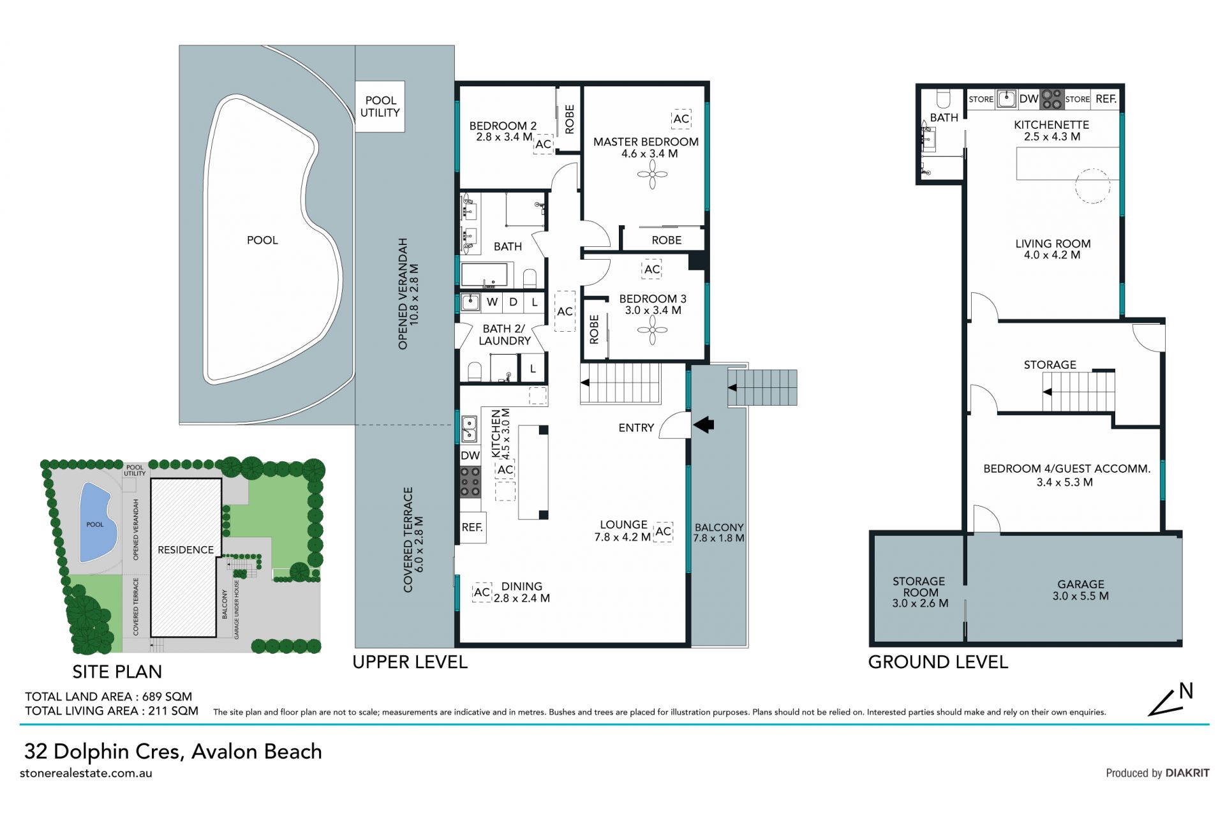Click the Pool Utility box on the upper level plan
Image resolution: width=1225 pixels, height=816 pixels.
click(x=380, y=107)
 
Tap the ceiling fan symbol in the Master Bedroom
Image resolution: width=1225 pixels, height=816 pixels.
click(x=652, y=174)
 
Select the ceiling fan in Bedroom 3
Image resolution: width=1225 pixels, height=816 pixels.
click(x=652, y=330)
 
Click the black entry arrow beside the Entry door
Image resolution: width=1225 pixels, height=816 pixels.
click(x=704, y=424)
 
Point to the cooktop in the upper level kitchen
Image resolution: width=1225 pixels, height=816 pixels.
click(x=470, y=482)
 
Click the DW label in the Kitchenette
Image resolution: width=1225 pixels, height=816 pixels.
click(x=1028, y=99)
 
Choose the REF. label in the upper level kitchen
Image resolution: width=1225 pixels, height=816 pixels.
click(x=472, y=528)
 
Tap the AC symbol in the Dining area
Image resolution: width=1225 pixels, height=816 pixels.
click(x=482, y=592)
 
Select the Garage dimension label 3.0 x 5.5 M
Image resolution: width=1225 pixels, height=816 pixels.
click(x=1081, y=596)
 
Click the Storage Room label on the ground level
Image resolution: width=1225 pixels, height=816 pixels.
click(x=919, y=586)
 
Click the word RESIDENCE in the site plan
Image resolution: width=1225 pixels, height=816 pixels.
click(x=186, y=549)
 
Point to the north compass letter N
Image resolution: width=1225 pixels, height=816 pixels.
click(x=1186, y=691)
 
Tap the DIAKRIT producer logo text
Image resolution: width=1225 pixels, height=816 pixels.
click(x=1187, y=773)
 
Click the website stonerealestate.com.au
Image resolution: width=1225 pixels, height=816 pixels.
click(x=86, y=773)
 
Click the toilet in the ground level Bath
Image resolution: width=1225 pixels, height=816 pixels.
click(x=943, y=98)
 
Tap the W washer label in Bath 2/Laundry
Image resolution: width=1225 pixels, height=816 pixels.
click(x=492, y=302)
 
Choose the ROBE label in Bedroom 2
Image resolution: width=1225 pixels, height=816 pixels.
click(x=570, y=119)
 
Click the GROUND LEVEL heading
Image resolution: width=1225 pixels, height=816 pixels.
click(x=938, y=662)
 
